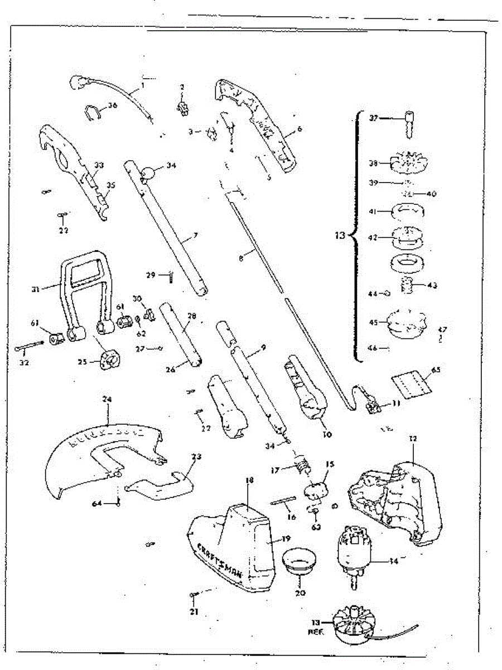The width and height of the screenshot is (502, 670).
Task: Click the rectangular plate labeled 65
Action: (x=410, y=385)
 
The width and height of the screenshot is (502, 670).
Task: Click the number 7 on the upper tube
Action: (x=195, y=236)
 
